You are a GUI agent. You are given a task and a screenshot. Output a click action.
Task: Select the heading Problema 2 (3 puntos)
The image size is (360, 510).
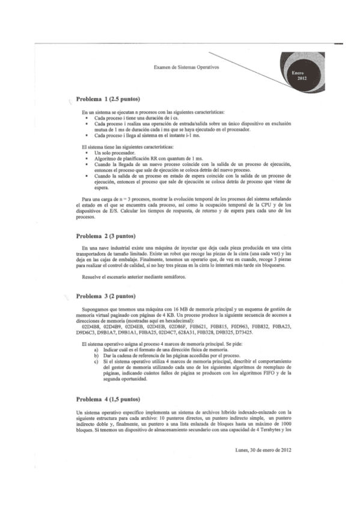[x=106, y=235]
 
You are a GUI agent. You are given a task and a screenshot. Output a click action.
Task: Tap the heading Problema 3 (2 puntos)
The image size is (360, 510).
[x=106, y=296]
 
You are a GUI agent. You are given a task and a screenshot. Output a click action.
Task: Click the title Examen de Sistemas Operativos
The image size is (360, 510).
[x=187, y=68]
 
